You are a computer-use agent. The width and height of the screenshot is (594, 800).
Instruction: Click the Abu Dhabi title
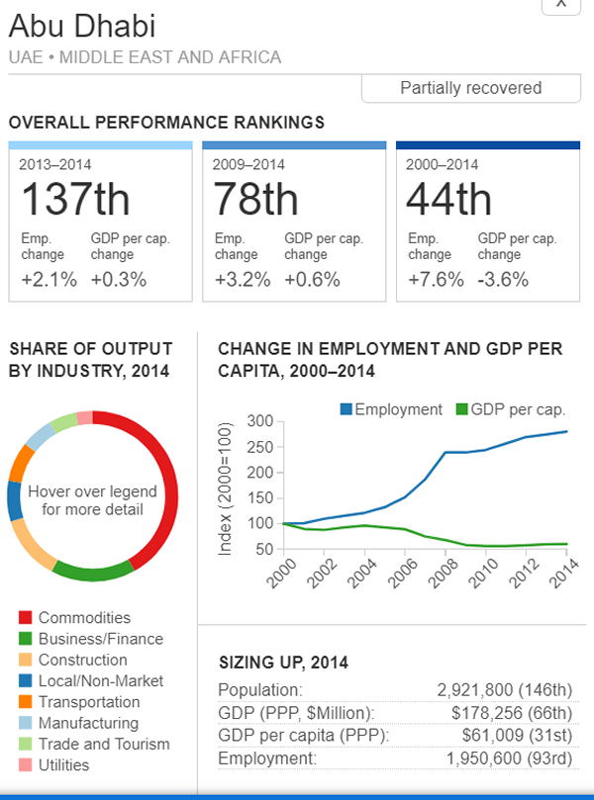coord(82,26)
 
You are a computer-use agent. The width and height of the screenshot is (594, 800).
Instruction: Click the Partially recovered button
coord(470,88)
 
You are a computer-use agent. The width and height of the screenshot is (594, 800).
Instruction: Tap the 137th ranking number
coord(75,201)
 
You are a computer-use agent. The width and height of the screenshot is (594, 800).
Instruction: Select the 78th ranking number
coord(255,201)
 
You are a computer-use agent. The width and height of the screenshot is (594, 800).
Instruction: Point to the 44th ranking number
coord(448,201)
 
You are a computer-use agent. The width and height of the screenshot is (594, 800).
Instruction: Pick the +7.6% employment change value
coord(436,279)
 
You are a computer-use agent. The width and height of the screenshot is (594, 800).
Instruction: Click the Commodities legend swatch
coord(26,618)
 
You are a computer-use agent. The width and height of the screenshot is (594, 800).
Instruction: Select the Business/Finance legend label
coord(100,639)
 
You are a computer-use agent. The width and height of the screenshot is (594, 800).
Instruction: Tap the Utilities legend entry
coord(63,764)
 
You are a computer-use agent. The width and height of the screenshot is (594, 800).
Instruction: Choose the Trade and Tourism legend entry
coord(104,744)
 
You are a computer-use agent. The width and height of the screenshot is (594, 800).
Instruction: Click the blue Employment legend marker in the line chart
coord(346,409)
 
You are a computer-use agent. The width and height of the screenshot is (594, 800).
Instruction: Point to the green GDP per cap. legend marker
coord(461,409)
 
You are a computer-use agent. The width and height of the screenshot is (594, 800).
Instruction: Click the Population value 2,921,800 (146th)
coord(504,689)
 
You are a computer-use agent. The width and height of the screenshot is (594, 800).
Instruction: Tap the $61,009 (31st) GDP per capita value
coord(517,735)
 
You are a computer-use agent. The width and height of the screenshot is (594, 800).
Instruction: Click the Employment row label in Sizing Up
coord(266,757)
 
